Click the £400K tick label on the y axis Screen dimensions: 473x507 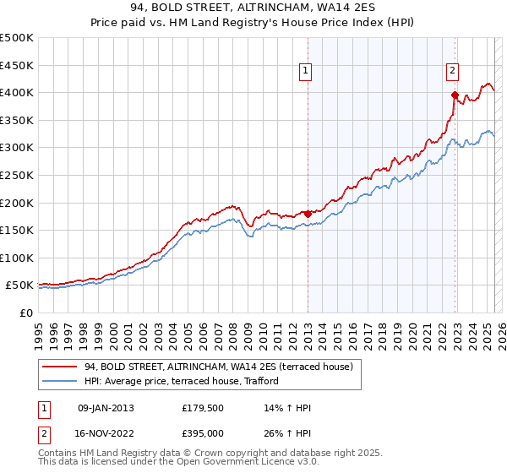(x=17, y=92)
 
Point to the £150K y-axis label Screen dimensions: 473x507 (x=17, y=230)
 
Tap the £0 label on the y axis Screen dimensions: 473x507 (x=26, y=313)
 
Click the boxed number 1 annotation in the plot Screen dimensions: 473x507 (x=305, y=72)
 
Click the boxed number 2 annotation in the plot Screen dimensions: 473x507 (x=453, y=72)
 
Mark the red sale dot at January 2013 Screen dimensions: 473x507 (x=308, y=214)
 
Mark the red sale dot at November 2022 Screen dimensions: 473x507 (x=455, y=95)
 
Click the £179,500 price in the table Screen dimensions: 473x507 (x=202, y=408)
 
